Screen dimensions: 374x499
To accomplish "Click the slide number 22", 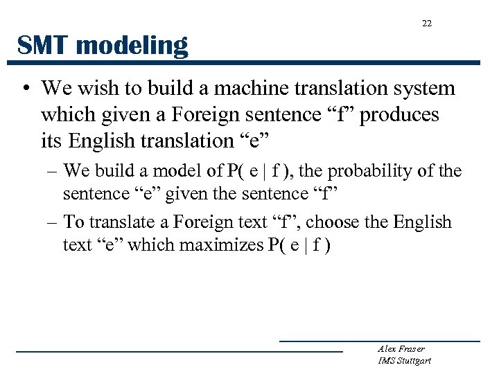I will click(426, 24).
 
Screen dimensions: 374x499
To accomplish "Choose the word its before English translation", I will click(52, 141).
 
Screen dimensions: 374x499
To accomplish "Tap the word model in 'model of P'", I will click(180, 171).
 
